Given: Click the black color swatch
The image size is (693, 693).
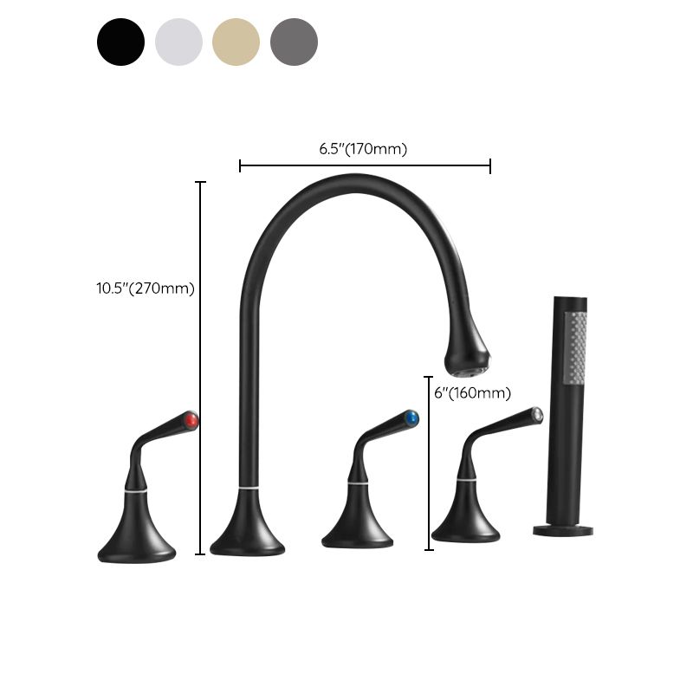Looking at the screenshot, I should coord(120,42).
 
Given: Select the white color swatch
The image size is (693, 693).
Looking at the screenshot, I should coord(178,42).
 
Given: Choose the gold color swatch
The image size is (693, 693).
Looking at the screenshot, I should coord(236,42).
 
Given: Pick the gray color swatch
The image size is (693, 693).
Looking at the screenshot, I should coord(295,42).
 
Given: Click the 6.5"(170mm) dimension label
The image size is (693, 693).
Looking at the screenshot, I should coord(363,149).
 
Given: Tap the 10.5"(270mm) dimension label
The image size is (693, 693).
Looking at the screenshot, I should coord(146,288).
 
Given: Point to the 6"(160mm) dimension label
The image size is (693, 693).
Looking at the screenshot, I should coord(472,393).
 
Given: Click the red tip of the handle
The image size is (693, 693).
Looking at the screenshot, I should coord(191,421).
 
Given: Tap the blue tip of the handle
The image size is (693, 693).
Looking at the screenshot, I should coord(411,419).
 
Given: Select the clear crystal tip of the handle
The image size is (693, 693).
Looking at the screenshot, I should coord(537,414).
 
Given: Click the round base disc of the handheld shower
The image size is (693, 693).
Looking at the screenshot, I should coord(563,528).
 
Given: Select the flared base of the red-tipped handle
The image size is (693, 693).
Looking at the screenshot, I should coord(137,539).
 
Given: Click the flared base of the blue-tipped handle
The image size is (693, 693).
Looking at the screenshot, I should coord(357,526).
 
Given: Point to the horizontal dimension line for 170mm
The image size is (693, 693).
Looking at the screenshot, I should coord(365,165).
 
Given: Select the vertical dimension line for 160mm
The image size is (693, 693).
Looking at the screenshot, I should coord(429,463).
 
